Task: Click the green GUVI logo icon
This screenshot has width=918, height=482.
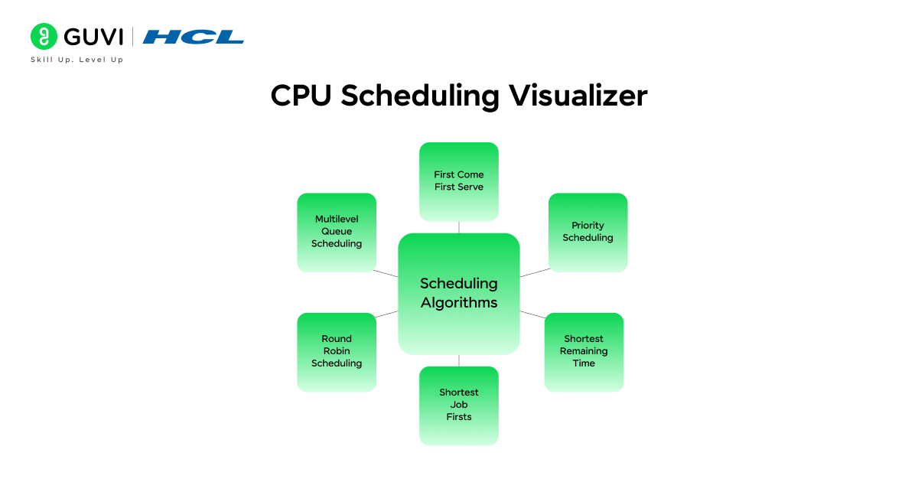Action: (44, 37)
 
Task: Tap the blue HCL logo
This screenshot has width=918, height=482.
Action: (193, 37)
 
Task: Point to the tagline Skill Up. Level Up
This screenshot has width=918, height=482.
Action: (76, 60)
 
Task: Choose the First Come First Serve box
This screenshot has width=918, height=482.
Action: (459, 181)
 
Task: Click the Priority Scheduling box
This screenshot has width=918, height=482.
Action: (588, 232)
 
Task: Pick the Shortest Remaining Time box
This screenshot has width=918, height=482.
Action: (584, 351)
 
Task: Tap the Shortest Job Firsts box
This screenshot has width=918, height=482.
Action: (459, 405)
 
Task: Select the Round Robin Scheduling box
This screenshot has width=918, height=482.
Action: (337, 351)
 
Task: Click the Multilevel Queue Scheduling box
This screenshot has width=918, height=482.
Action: (337, 232)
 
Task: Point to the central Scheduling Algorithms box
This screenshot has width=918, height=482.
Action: (459, 293)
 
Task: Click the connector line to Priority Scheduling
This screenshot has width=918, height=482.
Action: (535, 272)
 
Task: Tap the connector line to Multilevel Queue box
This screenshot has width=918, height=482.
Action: (386, 273)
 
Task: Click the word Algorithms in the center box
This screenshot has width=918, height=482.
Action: (459, 303)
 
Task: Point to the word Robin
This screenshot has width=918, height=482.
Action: (337, 351)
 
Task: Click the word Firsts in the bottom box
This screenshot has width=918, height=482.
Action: (459, 417)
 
